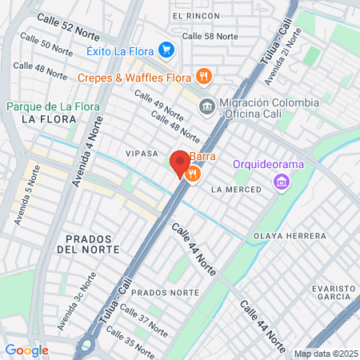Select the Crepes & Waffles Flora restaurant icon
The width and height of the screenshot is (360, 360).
coord(205,78)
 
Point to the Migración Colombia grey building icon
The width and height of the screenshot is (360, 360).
coord(206,106)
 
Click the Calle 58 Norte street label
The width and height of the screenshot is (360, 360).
coord(210,36)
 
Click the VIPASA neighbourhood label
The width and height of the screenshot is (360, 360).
coord(142,152)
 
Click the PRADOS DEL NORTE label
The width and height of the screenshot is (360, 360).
coord(94,244)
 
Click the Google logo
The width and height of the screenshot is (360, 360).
coord(26,350)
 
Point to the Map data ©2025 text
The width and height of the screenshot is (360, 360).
coord(325,354)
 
